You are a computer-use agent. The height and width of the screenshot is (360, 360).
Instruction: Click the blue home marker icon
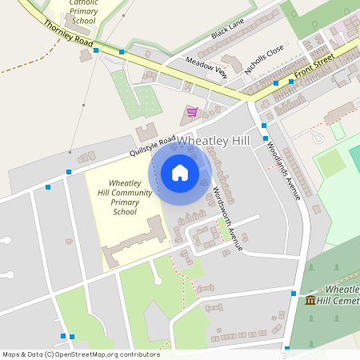point(180,172)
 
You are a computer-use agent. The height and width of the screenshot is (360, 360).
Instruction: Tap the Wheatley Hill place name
point(213,141)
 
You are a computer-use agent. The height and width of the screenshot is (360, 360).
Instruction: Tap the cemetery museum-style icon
point(310,300)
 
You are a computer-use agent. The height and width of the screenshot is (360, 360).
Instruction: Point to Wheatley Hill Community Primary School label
point(125,198)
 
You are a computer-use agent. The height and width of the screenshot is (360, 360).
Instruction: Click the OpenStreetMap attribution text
point(81,354)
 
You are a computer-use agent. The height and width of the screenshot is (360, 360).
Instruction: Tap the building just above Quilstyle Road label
point(146,131)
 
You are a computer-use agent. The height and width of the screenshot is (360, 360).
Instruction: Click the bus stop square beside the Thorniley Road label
point(96,50)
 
